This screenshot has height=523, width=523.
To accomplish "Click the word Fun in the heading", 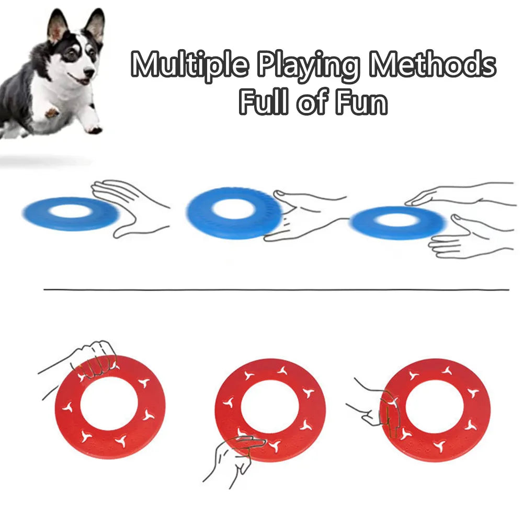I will click(x=361, y=102).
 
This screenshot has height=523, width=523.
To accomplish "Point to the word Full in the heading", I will click(x=264, y=102).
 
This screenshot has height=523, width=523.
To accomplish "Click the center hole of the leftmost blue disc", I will click(x=71, y=211).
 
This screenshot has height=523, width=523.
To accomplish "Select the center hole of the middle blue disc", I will click(x=234, y=209).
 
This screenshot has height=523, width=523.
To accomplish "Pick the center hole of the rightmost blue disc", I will click(x=399, y=220).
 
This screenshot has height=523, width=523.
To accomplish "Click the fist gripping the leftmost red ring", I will click(x=97, y=358).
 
